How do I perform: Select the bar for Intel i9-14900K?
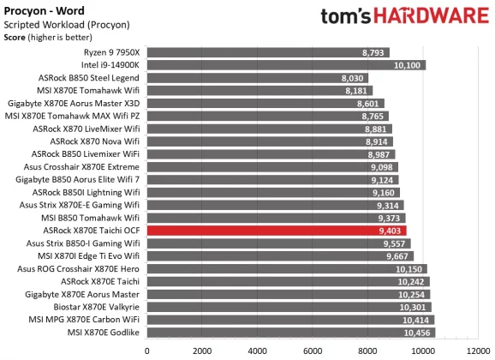click(x=286, y=64)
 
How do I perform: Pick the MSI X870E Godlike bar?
click(x=291, y=332)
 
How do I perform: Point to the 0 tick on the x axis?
click(x=147, y=350)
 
